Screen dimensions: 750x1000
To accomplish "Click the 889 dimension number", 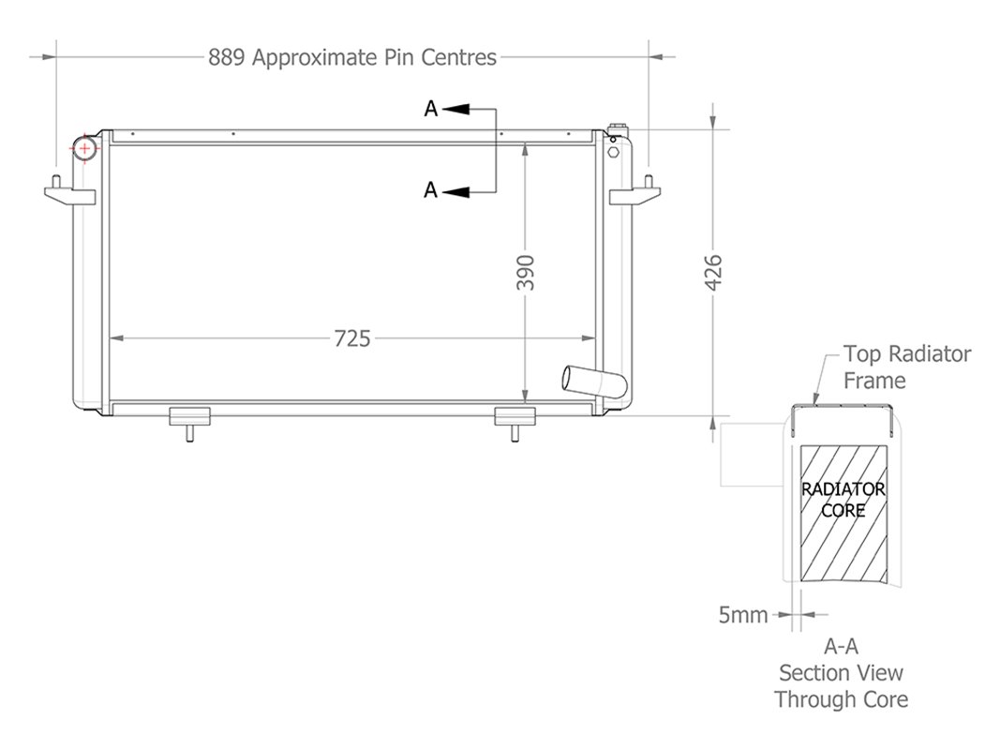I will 227,57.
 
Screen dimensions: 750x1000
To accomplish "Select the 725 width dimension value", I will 352,338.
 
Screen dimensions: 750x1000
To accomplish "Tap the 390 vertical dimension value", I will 526,272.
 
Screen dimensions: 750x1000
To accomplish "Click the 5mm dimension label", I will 742,615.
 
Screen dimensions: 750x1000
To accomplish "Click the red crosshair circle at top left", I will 85,148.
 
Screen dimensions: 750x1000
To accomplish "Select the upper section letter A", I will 430,110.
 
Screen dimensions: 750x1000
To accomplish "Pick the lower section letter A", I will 430,190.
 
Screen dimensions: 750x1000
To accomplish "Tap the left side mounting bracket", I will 69,193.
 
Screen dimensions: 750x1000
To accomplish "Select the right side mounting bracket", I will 635,193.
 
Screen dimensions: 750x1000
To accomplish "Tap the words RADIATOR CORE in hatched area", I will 842,501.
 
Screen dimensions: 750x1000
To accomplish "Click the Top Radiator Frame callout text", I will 905,367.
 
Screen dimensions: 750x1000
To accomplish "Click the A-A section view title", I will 841,646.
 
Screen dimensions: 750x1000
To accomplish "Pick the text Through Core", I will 841,698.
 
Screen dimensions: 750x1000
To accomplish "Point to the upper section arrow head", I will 455,110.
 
